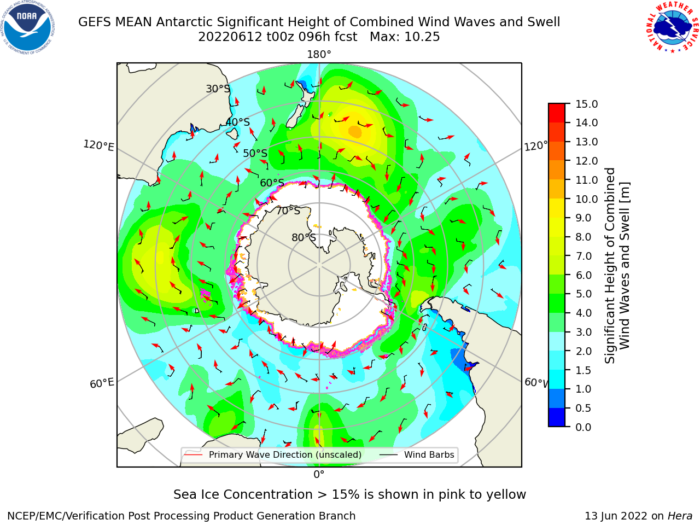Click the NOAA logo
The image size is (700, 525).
click(x=28, y=28)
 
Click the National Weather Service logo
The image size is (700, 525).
click(x=672, y=27)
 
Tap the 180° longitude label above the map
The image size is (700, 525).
click(x=319, y=55)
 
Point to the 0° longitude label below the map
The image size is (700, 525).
click(x=319, y=475)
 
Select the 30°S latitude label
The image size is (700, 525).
click(x=218, y=89)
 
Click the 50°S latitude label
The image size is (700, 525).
click(x=255, y=153)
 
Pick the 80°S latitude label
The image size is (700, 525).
click(x=304, y=237)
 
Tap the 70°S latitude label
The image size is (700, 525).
click(x=288, y=211)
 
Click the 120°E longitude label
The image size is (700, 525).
click(x=98, y=145)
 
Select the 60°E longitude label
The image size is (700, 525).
click(x=102, y=383)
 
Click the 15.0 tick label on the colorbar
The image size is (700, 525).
click(x=586, y=104)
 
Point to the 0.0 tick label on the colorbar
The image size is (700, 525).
click(x=584, y=427)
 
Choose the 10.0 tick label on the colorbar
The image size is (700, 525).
click(x=586, y=199)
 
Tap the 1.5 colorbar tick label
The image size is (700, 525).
click(x=584, y=370)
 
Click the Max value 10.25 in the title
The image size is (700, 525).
click(x=422, y=37)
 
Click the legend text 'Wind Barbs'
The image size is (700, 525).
click(x=429, y=454)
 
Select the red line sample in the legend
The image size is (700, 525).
click(x=193, y=454)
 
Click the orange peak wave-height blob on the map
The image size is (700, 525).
click(x=355, y=132)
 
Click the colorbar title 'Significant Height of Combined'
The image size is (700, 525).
click(x=609, y=266)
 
